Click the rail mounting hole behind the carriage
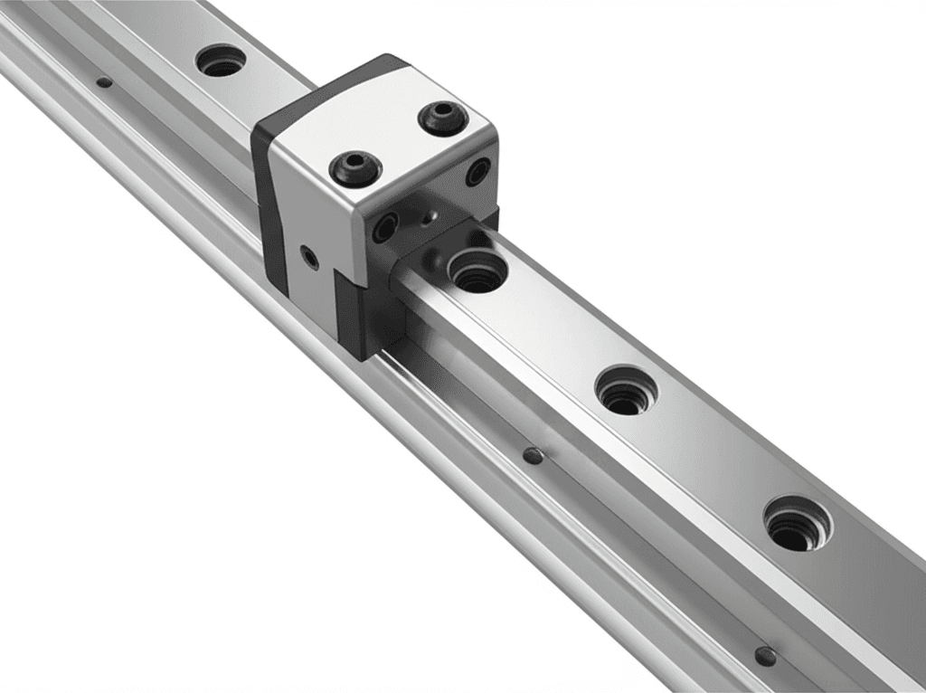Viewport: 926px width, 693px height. pos(221,62)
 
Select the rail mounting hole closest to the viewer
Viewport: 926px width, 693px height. pos(796,525)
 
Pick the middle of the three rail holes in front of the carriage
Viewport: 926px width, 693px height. pos(626,391)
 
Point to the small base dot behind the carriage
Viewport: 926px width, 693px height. pos(105,82)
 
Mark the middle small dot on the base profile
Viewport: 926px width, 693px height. pos(534,456)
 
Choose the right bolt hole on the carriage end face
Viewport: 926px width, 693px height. pos(477,172)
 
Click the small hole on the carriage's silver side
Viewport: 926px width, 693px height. pos(310,258)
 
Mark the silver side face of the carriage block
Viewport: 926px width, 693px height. pos(317,226)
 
